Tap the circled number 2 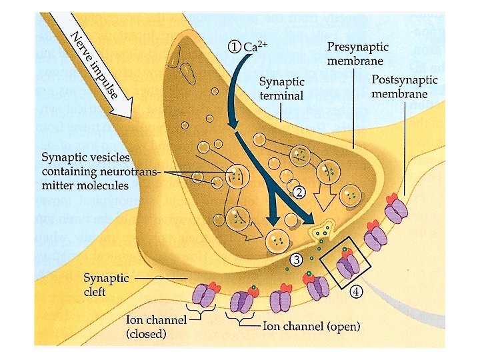[x=299, y=193]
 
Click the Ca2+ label [x=255, y=46]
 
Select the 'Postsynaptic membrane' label [x=404, y=86]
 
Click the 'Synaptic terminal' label [x=281, y=89]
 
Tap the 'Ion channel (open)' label [x=311, y=326]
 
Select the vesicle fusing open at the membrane [x=323, y=229]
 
